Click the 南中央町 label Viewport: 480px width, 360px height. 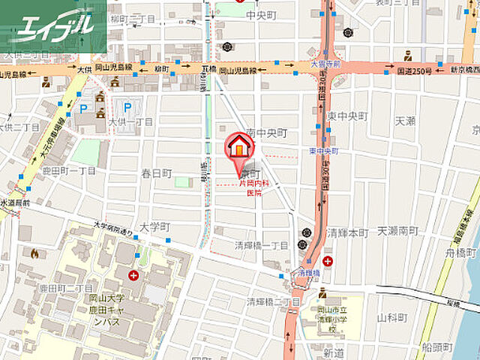tap(266, 132)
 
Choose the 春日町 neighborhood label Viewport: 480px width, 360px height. tap(156, 173)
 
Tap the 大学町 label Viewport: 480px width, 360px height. tap(155, 226)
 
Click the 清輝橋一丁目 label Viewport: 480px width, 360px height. tap(261, 245)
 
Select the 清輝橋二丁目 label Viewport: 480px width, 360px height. tap(273, 301)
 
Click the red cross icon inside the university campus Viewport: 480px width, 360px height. tap(133, 275)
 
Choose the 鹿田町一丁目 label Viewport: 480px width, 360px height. tap(68, 171)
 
